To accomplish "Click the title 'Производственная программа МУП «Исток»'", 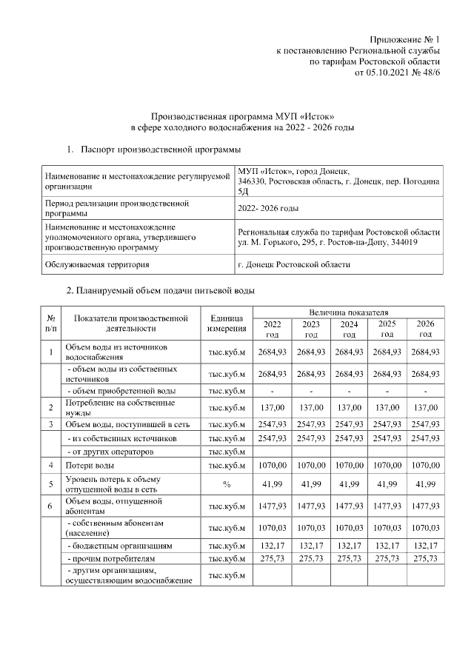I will [x=237, y=116].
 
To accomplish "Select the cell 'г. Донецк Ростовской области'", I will [x=294, y=264].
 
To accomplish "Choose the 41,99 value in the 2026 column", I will [x=425, y=483].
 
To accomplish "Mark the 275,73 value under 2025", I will [x=387, y=557].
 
